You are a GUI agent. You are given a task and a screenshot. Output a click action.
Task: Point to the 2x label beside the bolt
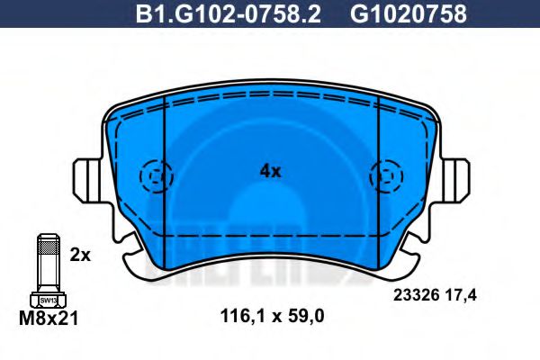point(81,255)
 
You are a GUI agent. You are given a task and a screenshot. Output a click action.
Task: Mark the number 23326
point(417,292)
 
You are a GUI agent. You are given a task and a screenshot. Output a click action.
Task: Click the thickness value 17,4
point(472,292)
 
